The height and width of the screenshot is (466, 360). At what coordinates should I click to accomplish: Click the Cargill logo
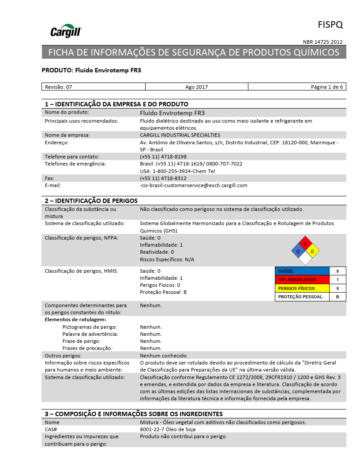[66, 31]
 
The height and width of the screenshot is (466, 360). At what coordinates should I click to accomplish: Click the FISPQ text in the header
[330, 24]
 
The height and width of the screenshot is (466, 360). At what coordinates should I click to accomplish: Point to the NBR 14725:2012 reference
[322, 42]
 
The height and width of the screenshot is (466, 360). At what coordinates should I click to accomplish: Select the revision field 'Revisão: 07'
[59, 87]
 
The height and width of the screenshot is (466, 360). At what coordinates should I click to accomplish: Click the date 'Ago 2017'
[196, 87]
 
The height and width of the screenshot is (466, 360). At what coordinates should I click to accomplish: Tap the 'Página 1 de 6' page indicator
[326, 87]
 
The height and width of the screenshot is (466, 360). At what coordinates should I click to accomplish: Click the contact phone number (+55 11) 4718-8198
[163, 157]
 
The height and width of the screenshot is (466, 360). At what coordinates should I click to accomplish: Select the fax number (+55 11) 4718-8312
[163, 178]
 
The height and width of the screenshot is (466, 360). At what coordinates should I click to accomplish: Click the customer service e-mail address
[194, 185]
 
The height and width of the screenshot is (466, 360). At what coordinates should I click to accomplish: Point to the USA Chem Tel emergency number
[177, 171]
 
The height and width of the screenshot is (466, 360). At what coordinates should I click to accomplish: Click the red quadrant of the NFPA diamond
[305, 244]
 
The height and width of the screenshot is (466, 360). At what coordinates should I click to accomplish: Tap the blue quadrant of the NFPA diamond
[298, 252]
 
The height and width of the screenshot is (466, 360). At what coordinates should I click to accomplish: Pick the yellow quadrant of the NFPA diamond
[312, 252]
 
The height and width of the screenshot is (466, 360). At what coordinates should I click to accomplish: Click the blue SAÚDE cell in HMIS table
[302, 271]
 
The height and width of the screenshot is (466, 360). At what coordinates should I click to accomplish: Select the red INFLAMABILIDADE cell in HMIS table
[302, 280]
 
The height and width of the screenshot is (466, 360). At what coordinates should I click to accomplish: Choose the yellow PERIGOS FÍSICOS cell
[302, 288]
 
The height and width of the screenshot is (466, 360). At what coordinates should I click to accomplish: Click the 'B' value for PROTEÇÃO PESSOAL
[337, 297]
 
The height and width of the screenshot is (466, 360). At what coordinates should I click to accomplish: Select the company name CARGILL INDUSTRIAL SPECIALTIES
[180, 135]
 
